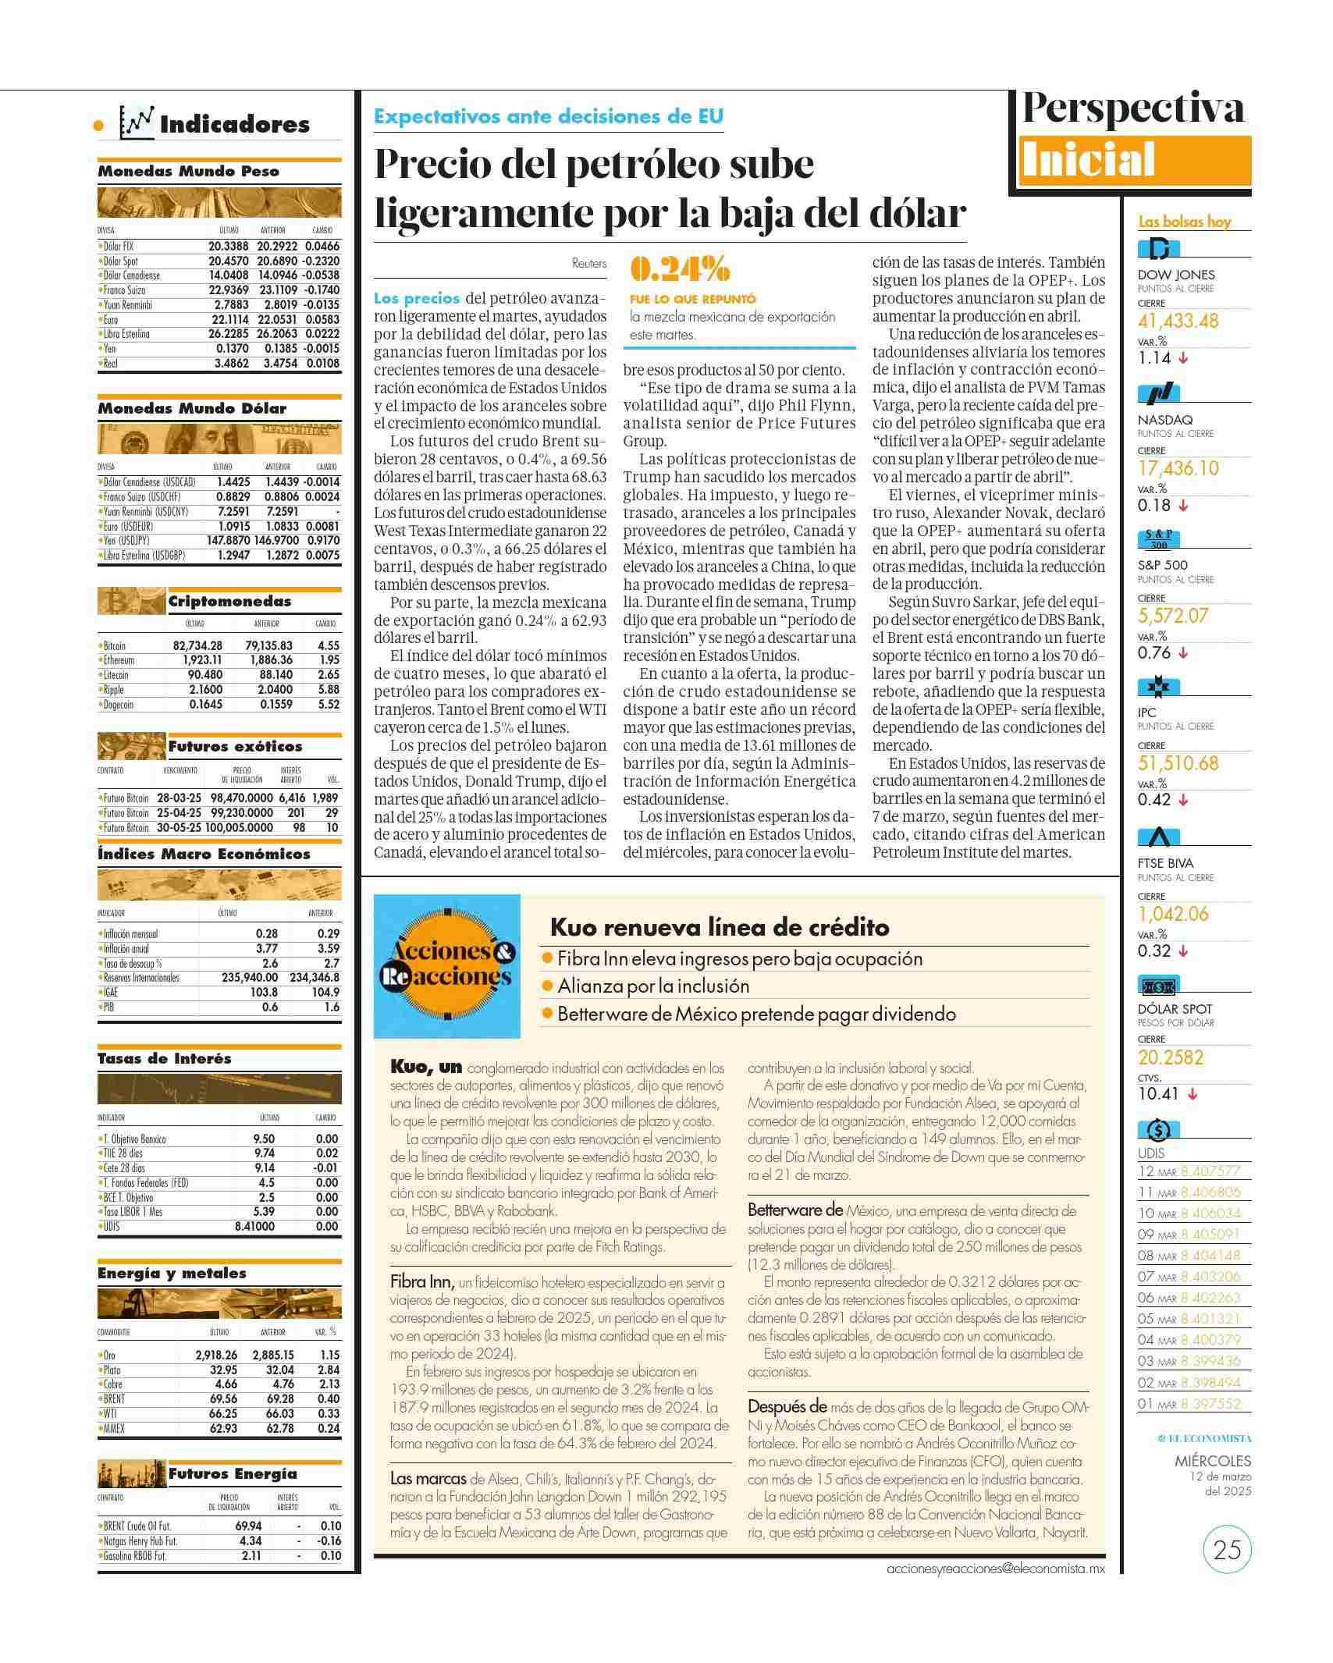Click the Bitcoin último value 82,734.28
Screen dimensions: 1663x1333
point(197,645)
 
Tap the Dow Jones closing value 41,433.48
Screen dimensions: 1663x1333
point(1178,321)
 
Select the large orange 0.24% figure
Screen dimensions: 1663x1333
point(680,270)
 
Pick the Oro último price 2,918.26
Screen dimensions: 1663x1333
point(216,1355)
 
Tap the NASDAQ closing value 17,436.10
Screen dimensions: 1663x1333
point(1178,468)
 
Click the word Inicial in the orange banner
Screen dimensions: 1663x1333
point(1088,162)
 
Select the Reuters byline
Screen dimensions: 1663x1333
point(589,264)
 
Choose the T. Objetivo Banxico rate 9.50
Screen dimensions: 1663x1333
point(264,1139)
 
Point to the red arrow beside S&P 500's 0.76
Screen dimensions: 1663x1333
point(1183,653)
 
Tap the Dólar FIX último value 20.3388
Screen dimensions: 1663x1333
point(228,246)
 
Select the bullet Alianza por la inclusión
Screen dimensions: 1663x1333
point(653,986)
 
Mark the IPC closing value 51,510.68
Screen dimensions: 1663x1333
point(1178,763)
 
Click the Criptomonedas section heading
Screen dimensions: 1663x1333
point(229,602)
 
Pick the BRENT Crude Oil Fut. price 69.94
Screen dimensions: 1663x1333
point(248,1526)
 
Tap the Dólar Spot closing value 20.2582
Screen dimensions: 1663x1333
point(1171,1057)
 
